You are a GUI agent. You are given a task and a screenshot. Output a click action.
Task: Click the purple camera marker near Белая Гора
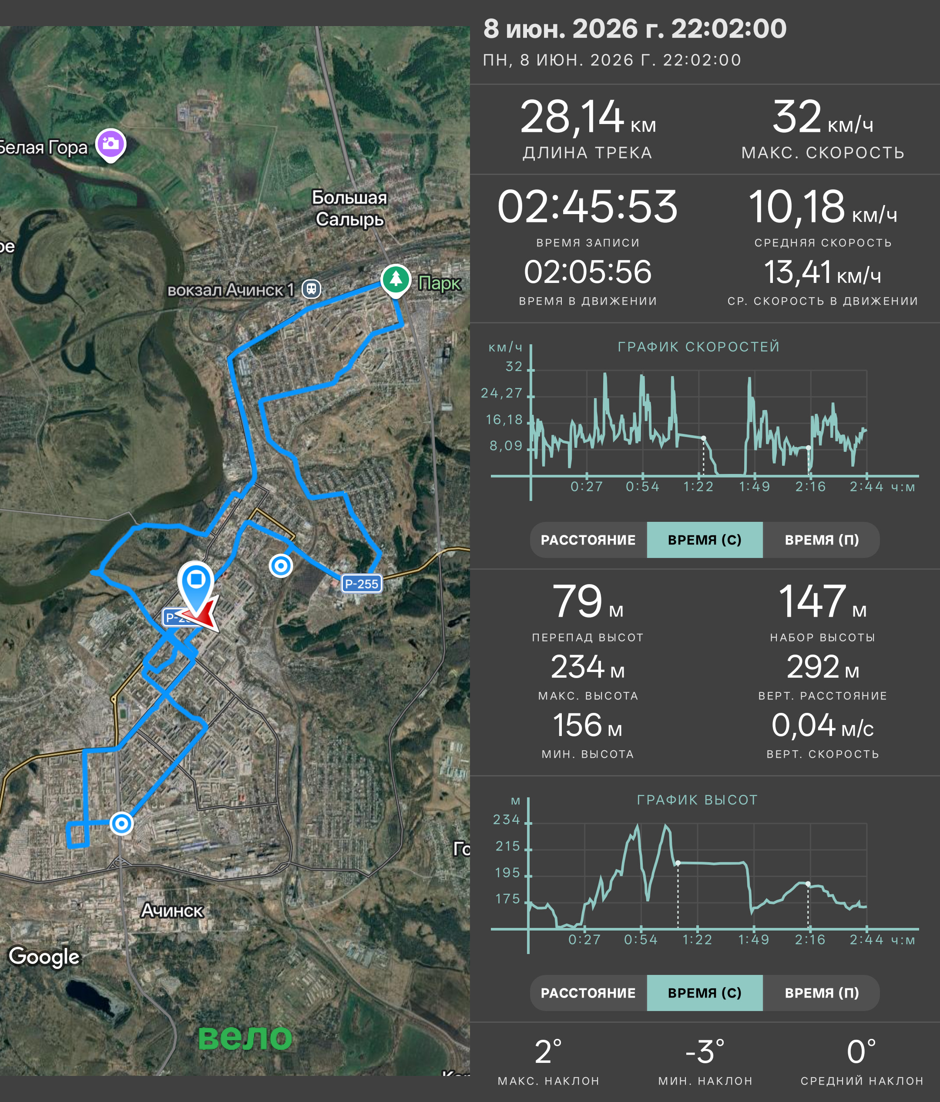pos(111,144)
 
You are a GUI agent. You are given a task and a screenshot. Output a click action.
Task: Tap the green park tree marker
pos(396,280)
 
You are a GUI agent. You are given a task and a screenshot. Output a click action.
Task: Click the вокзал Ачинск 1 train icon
pos(312,289)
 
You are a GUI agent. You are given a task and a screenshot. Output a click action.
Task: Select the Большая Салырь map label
pos(349,208)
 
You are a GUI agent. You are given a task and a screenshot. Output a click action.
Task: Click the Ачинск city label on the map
pos(172,910)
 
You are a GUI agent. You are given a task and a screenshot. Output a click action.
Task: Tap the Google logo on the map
pos(44,957)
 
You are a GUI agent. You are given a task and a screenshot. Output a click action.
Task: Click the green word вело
pos(245,1037)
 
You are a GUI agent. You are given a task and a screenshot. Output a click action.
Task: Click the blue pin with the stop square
pos(196,587)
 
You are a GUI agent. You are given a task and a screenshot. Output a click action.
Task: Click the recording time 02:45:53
pos(587,206)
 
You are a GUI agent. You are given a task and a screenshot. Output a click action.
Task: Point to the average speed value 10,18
pos(796,207)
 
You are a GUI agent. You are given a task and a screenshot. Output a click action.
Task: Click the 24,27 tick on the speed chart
pos(501,393)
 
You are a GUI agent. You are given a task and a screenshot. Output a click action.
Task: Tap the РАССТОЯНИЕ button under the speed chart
pos(588,540)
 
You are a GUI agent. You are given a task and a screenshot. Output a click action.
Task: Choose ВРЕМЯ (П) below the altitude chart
pos(822,993)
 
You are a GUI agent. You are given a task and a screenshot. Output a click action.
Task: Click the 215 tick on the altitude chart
pos(508,846)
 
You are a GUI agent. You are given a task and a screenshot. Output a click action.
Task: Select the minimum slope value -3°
pos(705,1052)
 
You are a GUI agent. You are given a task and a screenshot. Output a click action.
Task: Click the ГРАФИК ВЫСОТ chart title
pos(697,800)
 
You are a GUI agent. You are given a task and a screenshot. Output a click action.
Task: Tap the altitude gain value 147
pos(812,601)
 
